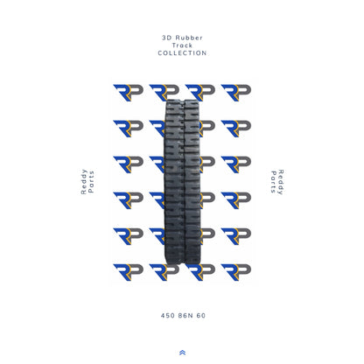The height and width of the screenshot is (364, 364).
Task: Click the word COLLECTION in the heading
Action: pos(182,53)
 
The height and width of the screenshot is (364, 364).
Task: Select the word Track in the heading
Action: pos(182,45)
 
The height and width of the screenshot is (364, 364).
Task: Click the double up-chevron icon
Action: pos(182,353)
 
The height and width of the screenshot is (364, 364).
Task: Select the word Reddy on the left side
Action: pos(83,182)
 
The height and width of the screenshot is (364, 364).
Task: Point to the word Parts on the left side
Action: pos(92,182)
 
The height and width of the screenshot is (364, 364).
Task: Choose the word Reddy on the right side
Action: pos(281,182)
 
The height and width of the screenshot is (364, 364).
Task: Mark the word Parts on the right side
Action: pos(272,182)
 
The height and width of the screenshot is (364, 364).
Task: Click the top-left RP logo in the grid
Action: pos(128,92)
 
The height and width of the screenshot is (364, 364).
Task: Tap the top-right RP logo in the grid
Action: pos(236,92)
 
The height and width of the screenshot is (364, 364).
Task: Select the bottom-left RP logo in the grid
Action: pos(128,271)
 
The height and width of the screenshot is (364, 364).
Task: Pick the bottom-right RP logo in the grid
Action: pos(236,271)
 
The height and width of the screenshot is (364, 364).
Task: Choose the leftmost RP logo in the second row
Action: pos(128,128)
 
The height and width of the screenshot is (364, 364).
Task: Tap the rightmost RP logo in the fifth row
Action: pos(236,235)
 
